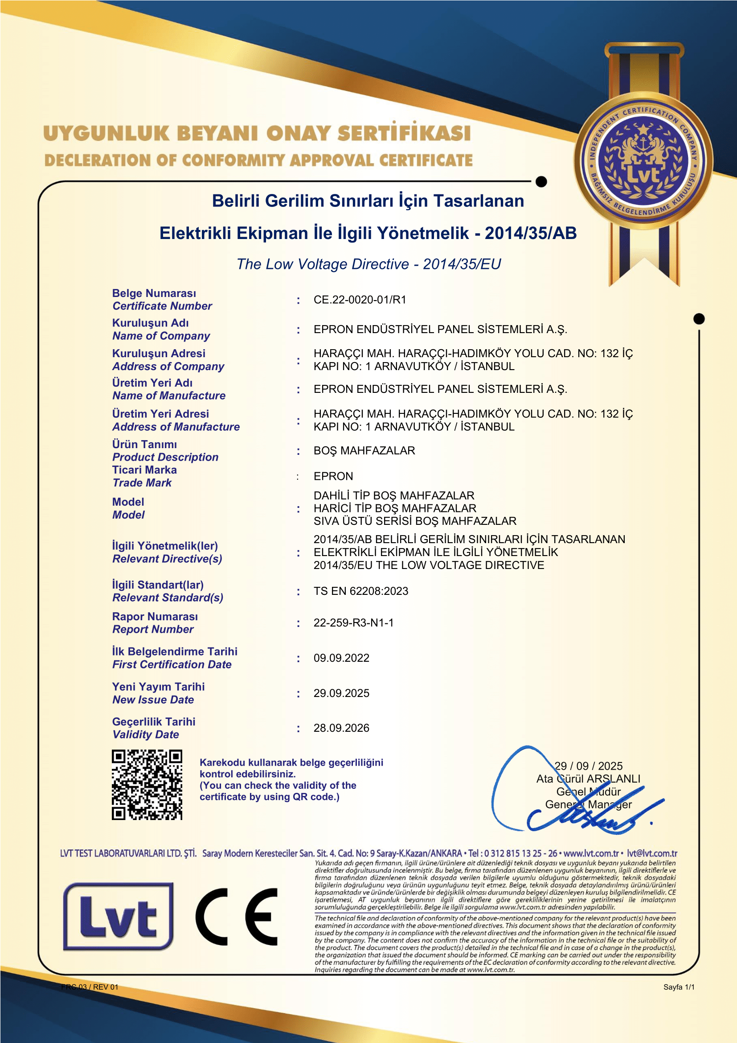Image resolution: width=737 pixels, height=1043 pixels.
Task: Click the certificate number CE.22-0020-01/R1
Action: [x=360, y=300]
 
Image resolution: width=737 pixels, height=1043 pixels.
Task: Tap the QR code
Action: [x=147, y=784]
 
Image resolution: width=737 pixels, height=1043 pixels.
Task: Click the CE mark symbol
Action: [x=237, y=917]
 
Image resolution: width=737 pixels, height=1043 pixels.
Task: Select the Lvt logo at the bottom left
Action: [x=118, y=917]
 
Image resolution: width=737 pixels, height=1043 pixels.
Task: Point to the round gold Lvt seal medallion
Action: [x=643, y=161]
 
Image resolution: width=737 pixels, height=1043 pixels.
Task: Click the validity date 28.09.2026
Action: [x=341, y=728]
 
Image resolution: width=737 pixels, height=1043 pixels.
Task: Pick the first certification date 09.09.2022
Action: [x=341, y=658]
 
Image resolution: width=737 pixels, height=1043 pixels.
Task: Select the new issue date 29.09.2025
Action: [x=341, y=693]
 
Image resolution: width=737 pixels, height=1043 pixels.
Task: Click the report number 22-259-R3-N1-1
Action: [x=353, y=623]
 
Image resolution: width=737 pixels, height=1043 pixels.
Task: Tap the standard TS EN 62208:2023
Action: [x=361, y=591]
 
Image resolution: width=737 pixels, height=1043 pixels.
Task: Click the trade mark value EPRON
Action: [x=333, y=476]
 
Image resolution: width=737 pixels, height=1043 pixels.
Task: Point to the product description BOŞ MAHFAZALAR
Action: [x=364, y=451]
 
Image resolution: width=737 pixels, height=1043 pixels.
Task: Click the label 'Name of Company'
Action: [x=161, y=336]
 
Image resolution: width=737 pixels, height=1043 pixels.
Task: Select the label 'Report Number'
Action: [x=153, y=630]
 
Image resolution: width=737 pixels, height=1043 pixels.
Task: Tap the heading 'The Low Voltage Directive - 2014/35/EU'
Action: [x=368, y=264]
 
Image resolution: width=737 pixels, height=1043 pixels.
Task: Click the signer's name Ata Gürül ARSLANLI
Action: [x=588, y=779]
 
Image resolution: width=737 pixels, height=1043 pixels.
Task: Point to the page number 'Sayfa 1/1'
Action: [x=679, y=987]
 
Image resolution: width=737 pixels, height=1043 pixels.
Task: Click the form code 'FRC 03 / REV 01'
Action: [x=90, y=987]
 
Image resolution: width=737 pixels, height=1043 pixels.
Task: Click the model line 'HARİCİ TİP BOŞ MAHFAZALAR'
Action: [x=395, y=508]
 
